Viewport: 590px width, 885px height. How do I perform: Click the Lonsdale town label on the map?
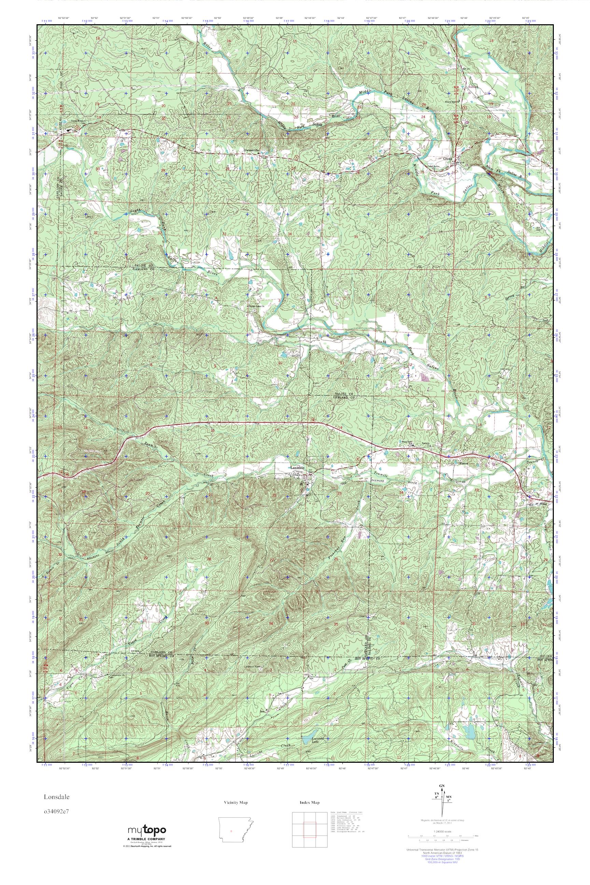point(299,468)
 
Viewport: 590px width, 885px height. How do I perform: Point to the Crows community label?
point(447,159)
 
